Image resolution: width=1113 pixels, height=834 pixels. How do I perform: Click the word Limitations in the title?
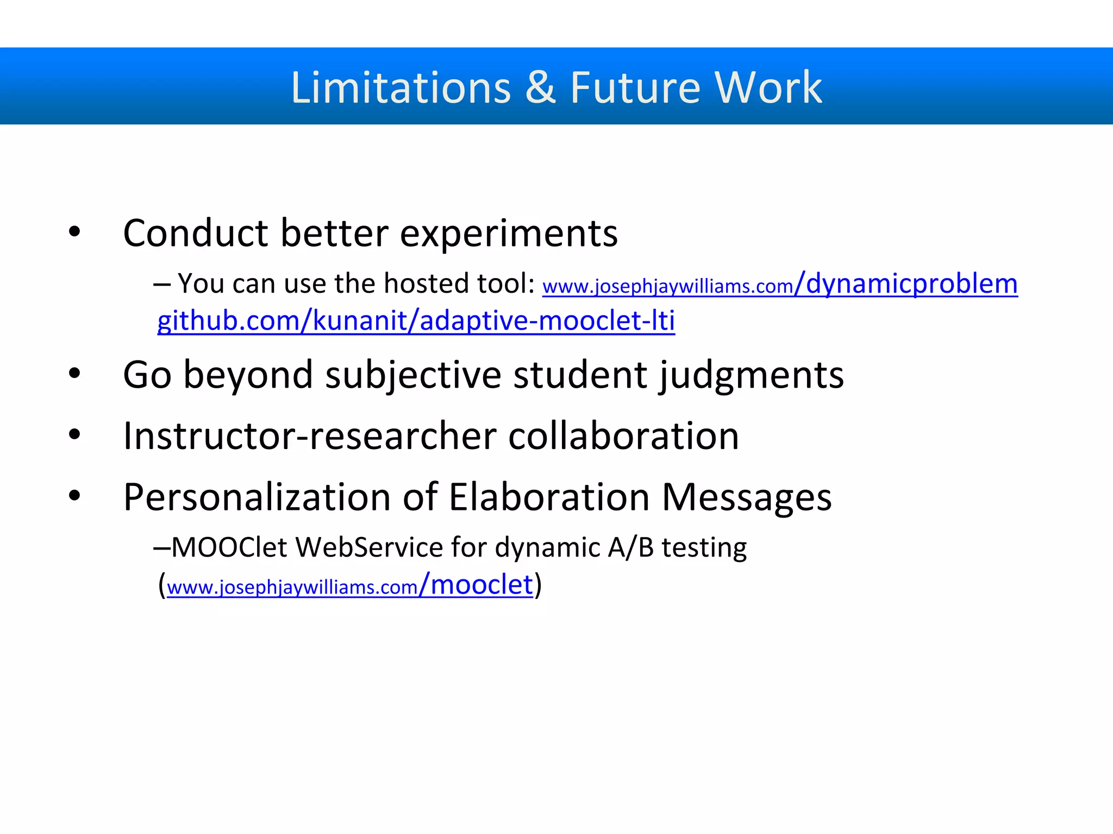(x=401, y=87)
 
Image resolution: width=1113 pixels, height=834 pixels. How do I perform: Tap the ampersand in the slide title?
(x=540, y=87)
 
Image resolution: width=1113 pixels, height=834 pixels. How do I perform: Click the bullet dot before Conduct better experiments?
(x=74, y=233)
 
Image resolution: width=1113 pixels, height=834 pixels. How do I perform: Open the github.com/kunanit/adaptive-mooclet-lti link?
(x=416, y=320)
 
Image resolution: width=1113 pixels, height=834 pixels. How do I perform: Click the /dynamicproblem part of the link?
(x=906, y=283)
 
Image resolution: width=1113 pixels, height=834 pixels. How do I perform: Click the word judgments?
(x=752, y=375)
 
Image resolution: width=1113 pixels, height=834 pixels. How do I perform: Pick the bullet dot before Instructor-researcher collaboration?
(x=74, y=434)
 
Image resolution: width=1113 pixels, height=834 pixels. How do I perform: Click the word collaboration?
(x=623, y=436)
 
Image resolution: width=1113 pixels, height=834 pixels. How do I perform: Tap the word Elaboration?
(x=549, y=497)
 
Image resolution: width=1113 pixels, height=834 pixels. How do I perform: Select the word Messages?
(x=747, y=497)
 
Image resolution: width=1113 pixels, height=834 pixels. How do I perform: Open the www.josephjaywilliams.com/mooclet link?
(x=349, y=586)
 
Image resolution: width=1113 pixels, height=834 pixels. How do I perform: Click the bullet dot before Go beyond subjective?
(x=74, y=374)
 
